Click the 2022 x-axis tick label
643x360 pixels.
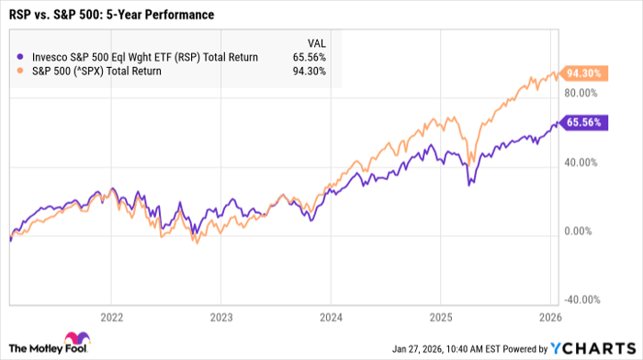point(110,316)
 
